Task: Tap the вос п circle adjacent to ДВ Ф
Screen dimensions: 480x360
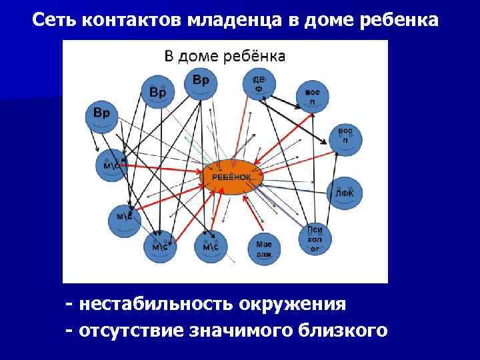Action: click(311, 97)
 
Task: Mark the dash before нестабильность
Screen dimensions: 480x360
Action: click(69, 305)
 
